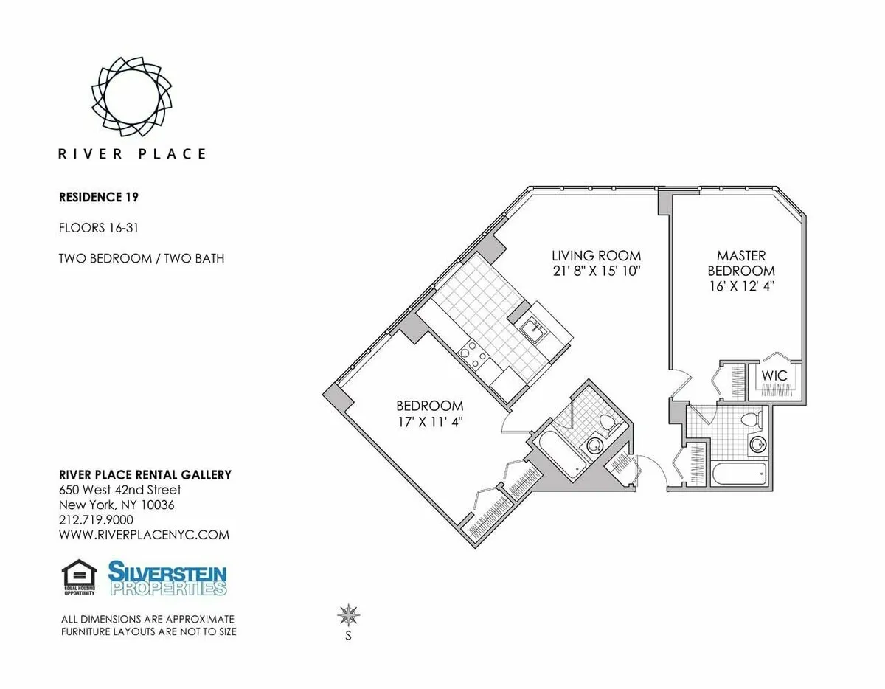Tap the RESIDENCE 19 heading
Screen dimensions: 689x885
point(99,197)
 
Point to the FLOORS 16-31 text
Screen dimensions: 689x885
point(98,228)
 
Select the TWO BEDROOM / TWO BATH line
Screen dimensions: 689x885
point(141,258)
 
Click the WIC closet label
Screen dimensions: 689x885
point(774,375)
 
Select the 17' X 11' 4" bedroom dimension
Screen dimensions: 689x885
point(430,422)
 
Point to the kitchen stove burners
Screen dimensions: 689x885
point(473,359)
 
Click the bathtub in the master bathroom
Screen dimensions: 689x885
point(738,472)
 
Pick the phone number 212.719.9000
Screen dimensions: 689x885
point(96,519)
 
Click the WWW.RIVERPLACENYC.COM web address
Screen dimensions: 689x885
point(144,535)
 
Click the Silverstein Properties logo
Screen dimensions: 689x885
point(167,578)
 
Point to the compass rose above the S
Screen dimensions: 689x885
point(348,614)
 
